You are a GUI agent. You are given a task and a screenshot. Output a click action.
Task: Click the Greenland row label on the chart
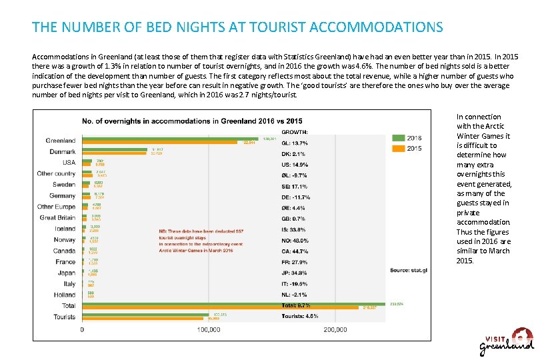(61, 141)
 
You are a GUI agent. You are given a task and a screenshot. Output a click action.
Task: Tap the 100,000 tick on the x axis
(209, 329)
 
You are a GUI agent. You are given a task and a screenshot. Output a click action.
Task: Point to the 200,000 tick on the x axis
(335, 329)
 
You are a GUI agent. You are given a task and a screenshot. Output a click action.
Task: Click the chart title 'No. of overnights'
(192, 121)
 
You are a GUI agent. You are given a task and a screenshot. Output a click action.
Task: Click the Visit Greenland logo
(507, 342)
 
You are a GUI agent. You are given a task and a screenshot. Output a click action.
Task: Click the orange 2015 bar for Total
(220, 307)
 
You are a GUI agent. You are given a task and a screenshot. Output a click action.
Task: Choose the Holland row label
(64, 294)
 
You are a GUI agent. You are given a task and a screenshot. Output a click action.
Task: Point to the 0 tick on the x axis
(82, 329)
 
